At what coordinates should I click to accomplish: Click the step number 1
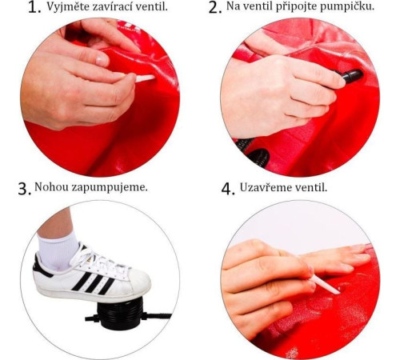click(34, 7)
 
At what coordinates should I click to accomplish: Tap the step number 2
click(214, 7)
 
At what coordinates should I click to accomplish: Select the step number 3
click(25, 189)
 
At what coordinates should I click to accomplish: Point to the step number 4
click(228, 189)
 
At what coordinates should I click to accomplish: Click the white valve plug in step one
click(145, 78)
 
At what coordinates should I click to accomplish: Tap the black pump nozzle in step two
click(350, 75)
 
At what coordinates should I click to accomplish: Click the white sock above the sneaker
click(58, 250)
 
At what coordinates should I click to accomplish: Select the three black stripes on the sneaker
click(94, 282)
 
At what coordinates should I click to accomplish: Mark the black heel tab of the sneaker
click(40, 266)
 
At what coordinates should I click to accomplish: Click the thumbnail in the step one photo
click(102, 60)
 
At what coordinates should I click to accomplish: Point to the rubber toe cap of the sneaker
click(138, 282)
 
